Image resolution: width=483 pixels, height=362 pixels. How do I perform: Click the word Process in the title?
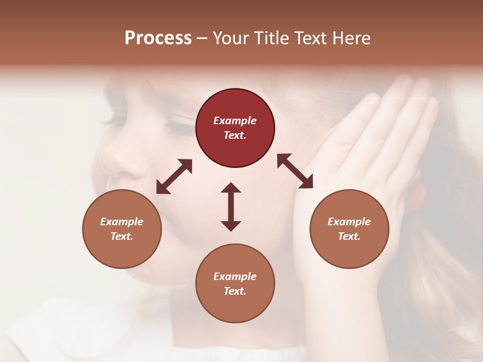click(x=158, y=38)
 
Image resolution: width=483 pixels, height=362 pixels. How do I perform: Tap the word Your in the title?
click(x=231, y=38)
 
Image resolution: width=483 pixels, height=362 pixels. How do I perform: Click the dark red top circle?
click(x=235, y=128)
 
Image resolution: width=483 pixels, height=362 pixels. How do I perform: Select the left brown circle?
click(x=122, y=229)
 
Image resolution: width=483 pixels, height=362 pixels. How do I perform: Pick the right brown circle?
click(x=349, y=229)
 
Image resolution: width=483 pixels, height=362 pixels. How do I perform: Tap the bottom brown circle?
click(x=235, y=283)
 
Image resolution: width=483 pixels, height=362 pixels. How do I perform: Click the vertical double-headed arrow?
click(x=231, y=207)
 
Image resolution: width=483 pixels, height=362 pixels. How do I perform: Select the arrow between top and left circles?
click(x=174, y=176)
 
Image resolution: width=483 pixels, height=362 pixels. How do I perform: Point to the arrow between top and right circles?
click(x=295, y=171)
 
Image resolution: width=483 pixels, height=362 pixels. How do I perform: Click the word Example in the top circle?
click(x=235, y=121)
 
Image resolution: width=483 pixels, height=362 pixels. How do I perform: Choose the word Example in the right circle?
click(x=349, y=222)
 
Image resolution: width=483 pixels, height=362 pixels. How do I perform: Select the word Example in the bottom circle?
click(x=235, y=277)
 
